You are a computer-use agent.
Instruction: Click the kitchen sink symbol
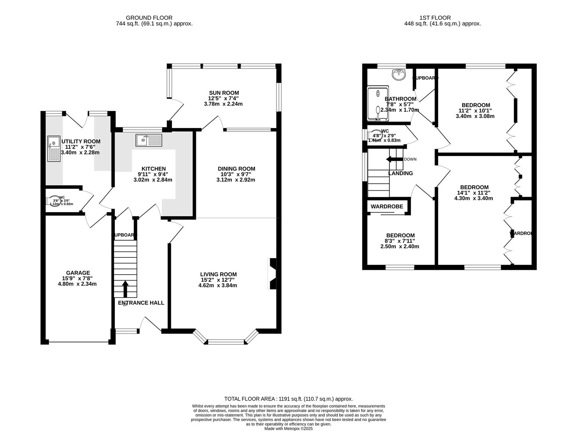[149, 140]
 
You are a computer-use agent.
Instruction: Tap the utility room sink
[53, 148]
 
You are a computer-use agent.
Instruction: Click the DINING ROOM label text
[236, 169]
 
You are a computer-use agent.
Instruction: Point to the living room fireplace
[273, 273]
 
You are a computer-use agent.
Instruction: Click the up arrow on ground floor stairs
[125, 289]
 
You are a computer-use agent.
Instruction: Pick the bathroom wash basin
[398, 74]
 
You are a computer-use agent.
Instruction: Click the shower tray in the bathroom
[377, 103]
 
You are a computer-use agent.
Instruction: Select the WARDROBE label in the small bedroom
[387, 207]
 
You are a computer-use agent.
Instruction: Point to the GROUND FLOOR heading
[149, 18]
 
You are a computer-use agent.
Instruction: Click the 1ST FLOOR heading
[435, 18]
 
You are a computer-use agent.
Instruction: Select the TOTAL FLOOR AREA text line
[288, 399]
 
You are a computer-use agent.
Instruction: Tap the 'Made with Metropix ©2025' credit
[288, 429]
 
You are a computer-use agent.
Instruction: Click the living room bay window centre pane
[226, 342]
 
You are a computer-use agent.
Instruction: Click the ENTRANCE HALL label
[141, 303]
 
